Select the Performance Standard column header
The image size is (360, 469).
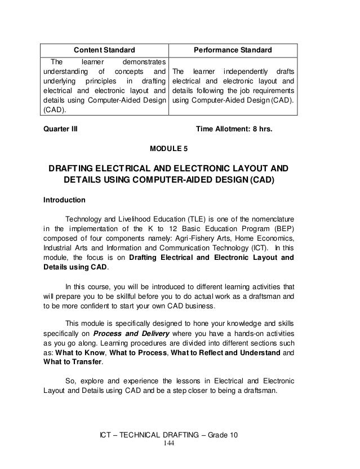tap(233, 50)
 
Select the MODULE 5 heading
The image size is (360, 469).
tap(167, 149)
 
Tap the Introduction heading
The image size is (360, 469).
tap(64, 200)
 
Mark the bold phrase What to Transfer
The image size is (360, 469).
tap(71, 363)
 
